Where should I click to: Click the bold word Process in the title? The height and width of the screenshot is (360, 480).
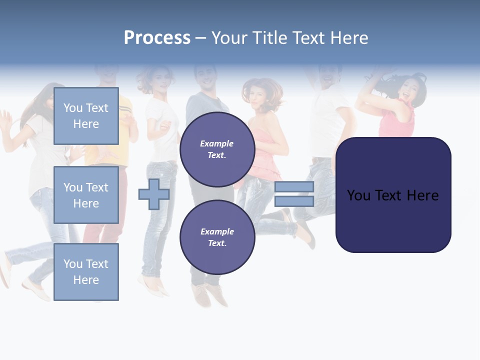tap(157, 38)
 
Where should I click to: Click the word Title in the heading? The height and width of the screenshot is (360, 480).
tap(269, 38)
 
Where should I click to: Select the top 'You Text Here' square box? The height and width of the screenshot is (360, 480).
tap(86, 116)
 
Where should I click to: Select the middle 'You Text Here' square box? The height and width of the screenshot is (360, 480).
tap(86, 195)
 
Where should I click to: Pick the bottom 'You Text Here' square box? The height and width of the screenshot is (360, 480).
tap(86, 272)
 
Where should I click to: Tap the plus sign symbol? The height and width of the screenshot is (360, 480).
tap(154, 194)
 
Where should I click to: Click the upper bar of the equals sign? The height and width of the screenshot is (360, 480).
tap(294, 186)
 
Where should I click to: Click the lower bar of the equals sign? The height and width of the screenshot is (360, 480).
tap(294, 201)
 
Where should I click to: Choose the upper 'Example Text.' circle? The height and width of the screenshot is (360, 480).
tap(217, 149)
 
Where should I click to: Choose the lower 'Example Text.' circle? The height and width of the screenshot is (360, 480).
tap(217, 237)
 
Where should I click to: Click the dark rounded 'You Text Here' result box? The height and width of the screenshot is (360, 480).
tap(393, 195)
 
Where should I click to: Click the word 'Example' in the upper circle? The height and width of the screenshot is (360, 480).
tap(217, 143)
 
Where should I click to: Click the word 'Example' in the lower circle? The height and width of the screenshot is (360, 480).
tap(217, 231)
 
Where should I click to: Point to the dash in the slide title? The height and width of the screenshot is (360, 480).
tap(200, 38)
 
